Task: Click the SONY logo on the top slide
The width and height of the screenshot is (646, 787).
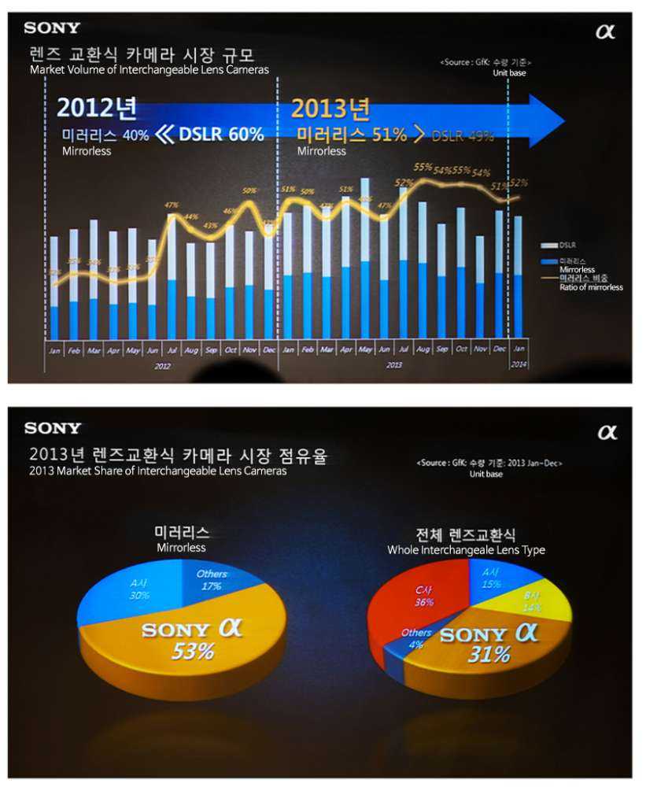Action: (x=52, y=28)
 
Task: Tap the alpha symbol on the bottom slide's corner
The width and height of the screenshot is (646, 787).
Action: (x=607, y=433)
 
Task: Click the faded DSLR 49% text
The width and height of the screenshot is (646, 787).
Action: (x=463, y=135)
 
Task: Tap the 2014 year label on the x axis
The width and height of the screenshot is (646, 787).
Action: (x=519, y=365)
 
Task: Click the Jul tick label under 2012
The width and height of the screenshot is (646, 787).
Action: (x=171, y=349)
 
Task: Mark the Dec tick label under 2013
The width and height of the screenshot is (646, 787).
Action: (x=499, y=349)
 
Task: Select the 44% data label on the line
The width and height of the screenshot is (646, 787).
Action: (x=191, y=216)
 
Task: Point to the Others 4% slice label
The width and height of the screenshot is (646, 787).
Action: (x=416, y=638)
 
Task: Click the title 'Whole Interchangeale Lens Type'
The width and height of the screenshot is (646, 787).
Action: (x=466, y=550)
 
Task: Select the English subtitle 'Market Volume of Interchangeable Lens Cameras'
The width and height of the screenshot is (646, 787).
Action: (x=150, y=69)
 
